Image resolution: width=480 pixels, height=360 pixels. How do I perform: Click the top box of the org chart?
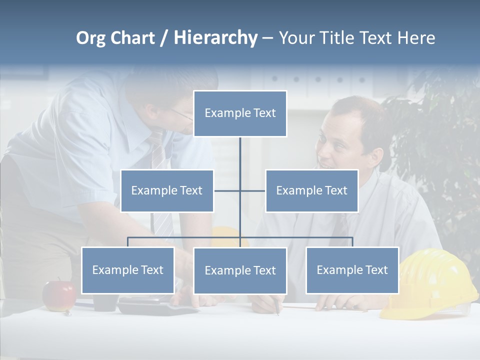pyautogui.click(x=240, y=113)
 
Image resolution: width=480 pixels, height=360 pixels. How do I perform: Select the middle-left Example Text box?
pyautogui.click(x=167, y=190)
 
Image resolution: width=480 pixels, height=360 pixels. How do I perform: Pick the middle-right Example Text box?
pyautogui.click(x=311, y=190)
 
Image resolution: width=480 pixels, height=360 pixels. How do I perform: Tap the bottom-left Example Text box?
pyautogui.click(x=128, y=270)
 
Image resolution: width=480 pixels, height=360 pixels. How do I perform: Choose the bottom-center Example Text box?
pyautogui.click(x=240, y=270)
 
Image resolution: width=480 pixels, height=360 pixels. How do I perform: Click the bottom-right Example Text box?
pyautogui.click(x=352, y=270)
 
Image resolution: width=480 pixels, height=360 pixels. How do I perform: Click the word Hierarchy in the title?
pyautogui.click(x=215, y=37)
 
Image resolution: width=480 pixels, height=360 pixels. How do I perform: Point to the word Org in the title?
pyautogui.click(x=90, y=38)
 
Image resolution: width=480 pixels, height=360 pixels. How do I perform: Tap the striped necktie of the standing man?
pyautogui.click(x=158, y=155)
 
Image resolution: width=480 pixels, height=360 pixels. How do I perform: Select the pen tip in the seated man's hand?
pyautogui.click(x=278, y=313)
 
